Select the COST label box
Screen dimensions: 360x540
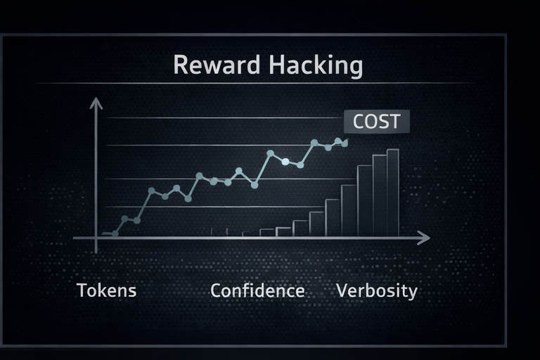[x=376, y=121]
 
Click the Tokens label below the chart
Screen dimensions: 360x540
[x=106, y=290]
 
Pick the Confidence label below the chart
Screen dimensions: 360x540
[x=257, y=290]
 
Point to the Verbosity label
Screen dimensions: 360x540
[x=377, y=290]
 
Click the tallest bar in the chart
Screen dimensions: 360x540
[x=393, y=193]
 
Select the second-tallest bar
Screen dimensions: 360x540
[x=379, y=196]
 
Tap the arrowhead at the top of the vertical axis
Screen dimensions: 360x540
[x=96, y=103]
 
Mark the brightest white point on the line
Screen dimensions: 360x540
[x=285, y=162]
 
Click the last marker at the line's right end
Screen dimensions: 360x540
[x=345, y=141]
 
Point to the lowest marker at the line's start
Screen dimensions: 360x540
[x=115, y=233]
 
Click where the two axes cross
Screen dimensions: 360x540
[x=96, y=238]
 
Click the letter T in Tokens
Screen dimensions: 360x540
[x=81, y=290]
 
